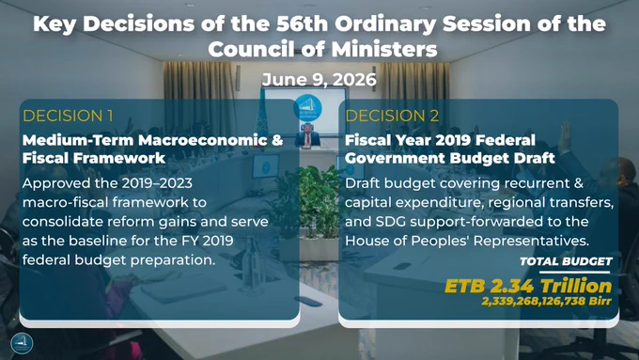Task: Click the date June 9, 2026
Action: click(319, 79)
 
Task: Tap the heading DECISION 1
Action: click(68, 116)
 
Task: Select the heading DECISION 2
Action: click(392, 116)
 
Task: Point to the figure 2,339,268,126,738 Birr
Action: click(547, 302)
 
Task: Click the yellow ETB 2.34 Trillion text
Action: click(528, 286)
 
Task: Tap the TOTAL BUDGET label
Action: click(566, 261)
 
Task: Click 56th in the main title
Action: click(302, 23)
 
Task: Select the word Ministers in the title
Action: click(384, 49)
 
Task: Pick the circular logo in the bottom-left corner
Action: click(22, 343)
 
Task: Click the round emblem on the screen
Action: click(307, 108)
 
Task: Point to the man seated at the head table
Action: click(307, 135)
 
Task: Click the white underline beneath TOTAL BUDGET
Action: click(574, 272)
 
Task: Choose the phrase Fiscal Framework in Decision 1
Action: click(94, 158)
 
